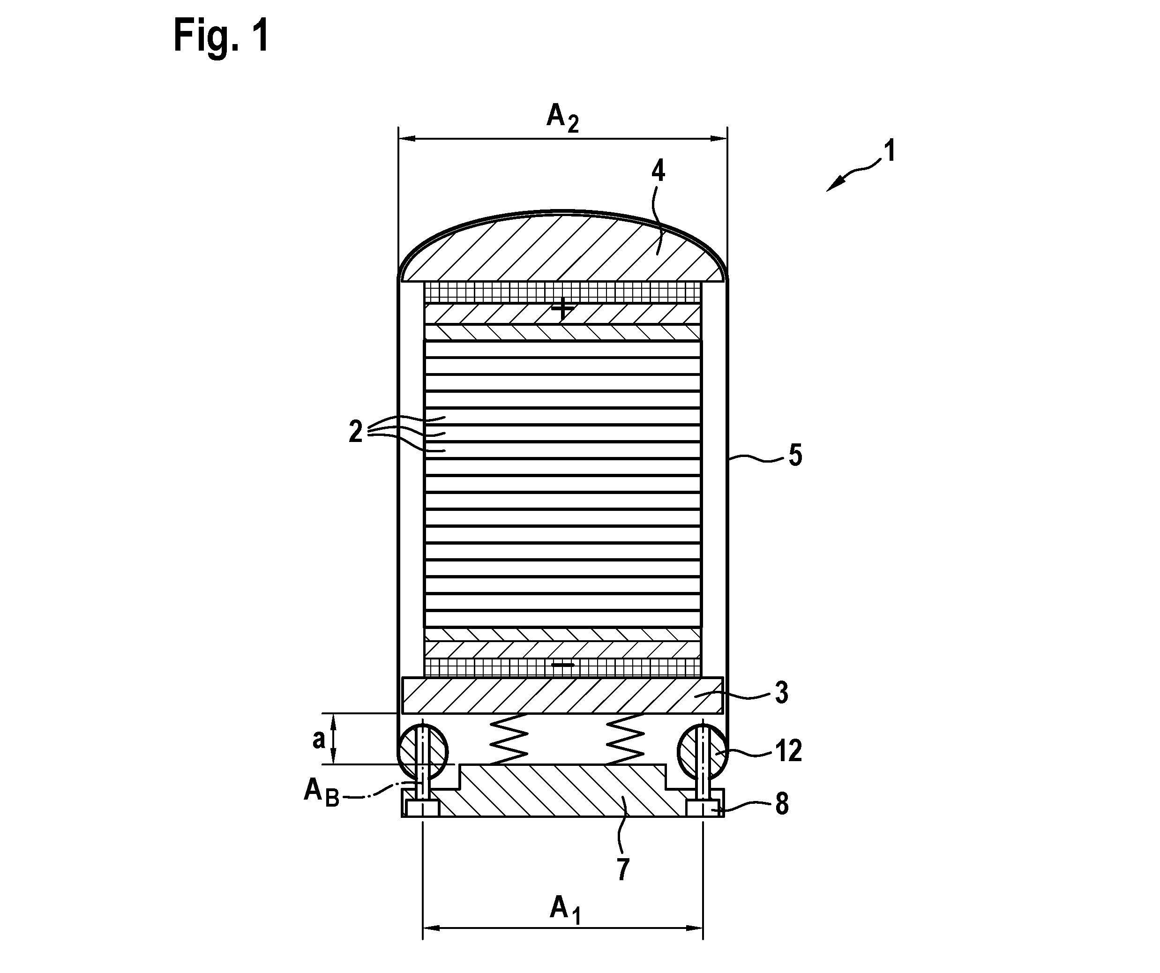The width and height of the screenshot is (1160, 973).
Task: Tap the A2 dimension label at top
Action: [x=563, y=118]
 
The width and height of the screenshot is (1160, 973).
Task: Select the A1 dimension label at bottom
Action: [x=565, y=907]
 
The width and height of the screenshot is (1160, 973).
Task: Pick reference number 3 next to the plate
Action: [x=781, y=693]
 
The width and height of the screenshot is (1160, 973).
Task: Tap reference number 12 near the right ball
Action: [x=788, y=751]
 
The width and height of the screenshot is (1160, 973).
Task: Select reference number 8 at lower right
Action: [x=782, y=804]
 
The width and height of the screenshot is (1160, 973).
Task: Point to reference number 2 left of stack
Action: [x=356, y=431]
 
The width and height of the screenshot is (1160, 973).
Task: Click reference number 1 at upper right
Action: [x=889, y=151]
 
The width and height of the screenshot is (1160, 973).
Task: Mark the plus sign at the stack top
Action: [x=563, y=308]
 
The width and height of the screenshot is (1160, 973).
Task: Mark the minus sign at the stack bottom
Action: [x=563, y=665]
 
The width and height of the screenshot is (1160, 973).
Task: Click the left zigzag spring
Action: [x=508, y=739]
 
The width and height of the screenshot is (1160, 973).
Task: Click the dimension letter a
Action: [x=319, y=739]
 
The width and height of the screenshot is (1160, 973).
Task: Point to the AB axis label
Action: [x=322, y=793]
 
